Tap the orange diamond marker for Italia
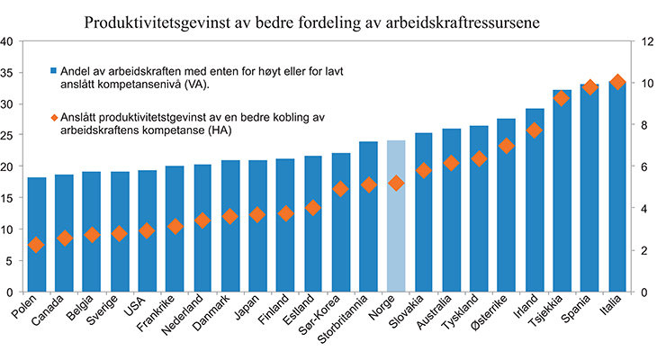(x=617, y=83)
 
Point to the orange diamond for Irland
(x=534, y=130)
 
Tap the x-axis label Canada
(x=50, y=313)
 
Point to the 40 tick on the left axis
(x=7, y=41)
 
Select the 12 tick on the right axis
(x=645, y=41)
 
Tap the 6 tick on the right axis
(x=643, y=166)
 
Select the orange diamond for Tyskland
(x=479, y=159)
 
